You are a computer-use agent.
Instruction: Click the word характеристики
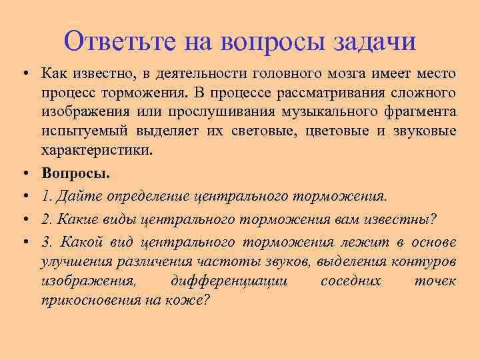click(97, 150)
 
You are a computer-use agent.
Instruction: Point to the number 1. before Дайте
click(47, 197)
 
